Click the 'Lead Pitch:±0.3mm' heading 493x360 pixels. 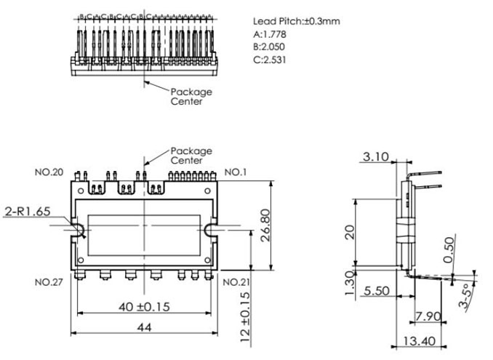[x=296, y=21]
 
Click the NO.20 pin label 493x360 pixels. [x=49, y=172]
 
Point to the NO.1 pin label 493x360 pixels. [x=235, y=172]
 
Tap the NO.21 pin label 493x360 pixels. [x=237, y=281]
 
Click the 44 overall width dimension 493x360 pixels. [x=144, y=328]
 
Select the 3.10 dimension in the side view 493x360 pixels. [x=376, y=156]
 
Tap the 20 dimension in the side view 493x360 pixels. [x=350, y=231]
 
